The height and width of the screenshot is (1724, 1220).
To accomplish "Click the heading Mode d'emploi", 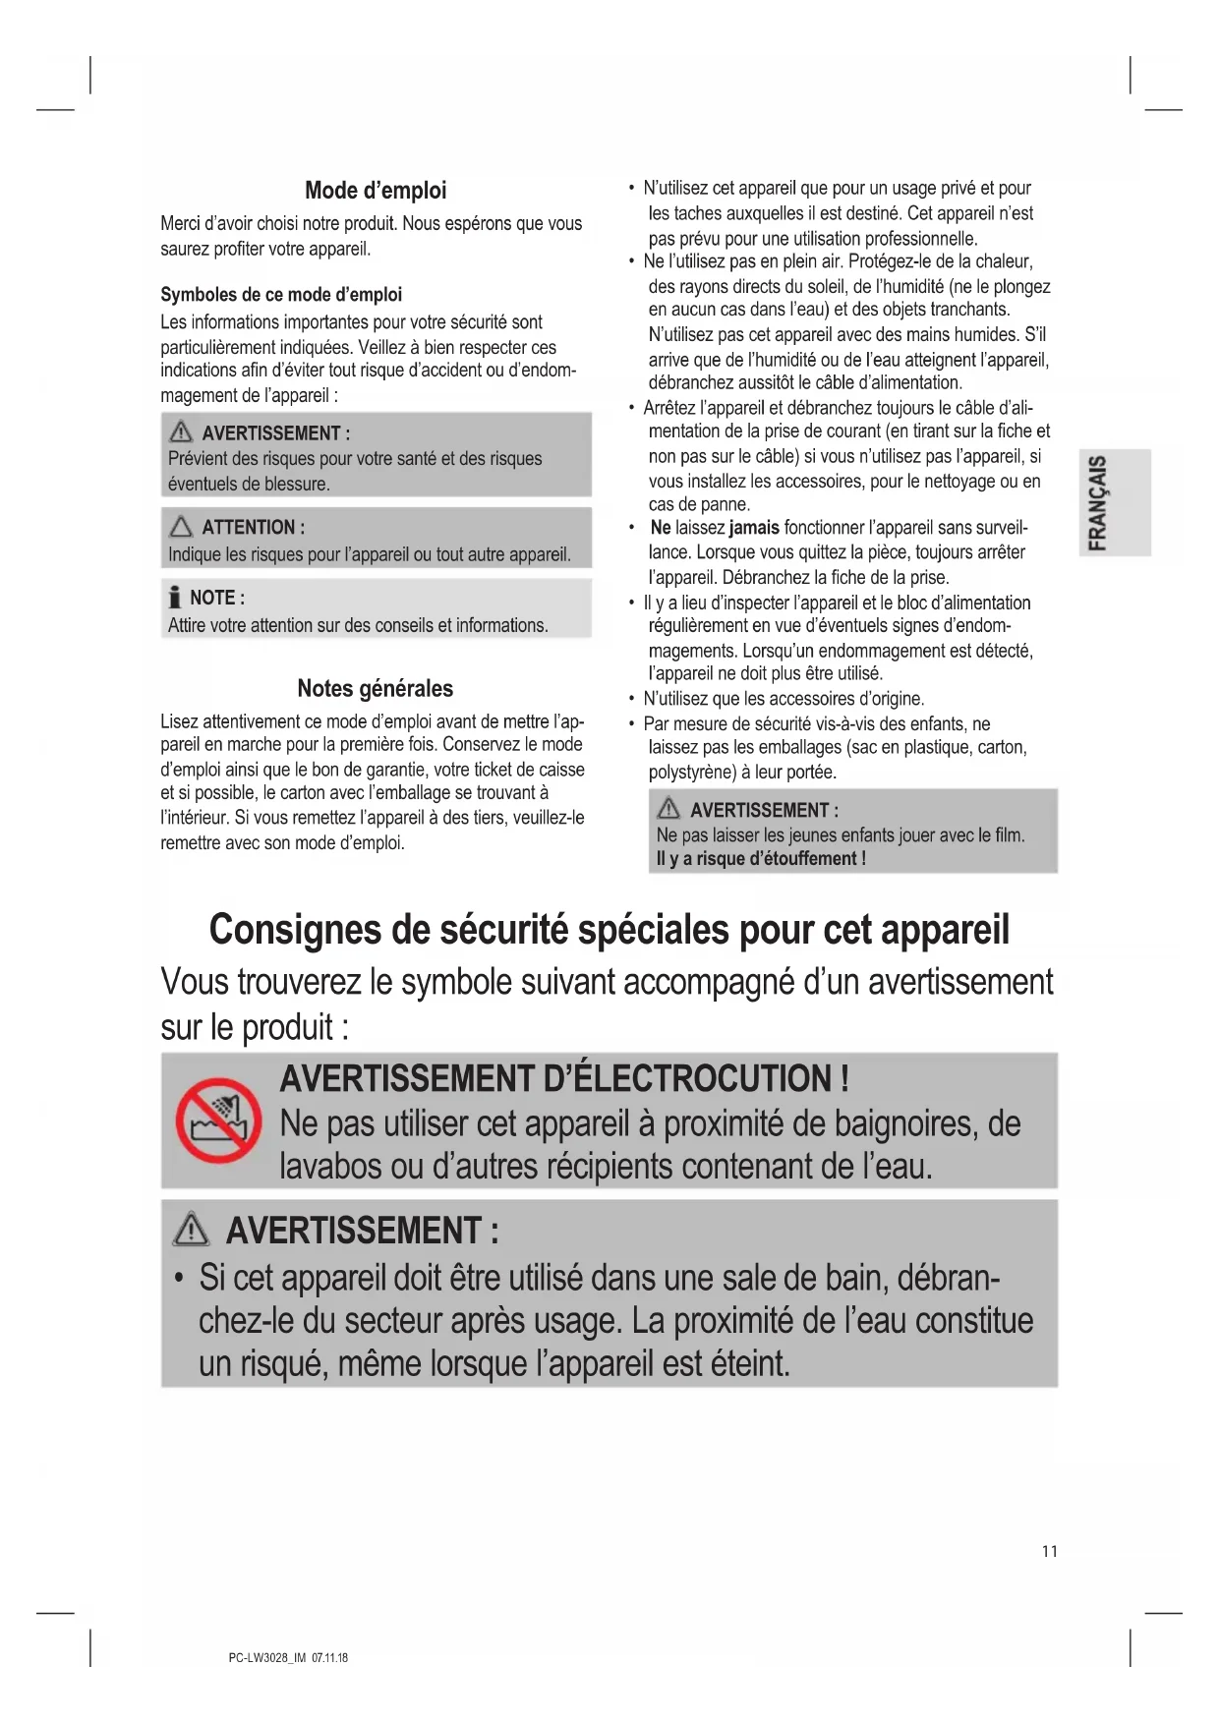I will pyautogui.click(x=376, y=191).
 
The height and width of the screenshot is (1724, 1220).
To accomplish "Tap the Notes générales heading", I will pyautogui.click(x=376, y=688).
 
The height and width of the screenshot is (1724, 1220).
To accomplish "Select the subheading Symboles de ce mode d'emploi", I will pyautogui.click(x=281, y=295).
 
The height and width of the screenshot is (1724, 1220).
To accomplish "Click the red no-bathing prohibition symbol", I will pyautogui.click(x=218, y=1121).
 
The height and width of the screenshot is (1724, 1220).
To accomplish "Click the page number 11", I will pyautogui.click(x=1049, y=1551).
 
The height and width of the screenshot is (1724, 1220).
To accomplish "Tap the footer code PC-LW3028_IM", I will pyautogui.click(x=266, y=1658).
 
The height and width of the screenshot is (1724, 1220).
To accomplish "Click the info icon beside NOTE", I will pyautogui.click(x=175, y=598).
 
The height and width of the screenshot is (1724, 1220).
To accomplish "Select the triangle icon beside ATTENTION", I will pyautogui.click(x=181, y=527).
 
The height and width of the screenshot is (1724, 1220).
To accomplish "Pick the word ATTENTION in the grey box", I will pyautogui.click(x=248, y=528).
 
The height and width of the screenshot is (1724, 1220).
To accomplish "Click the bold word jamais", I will pyautogui.click(x=754, y=528).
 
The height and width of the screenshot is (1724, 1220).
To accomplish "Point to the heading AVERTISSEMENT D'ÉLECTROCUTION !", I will pyautogui.click(x=564, y=1078).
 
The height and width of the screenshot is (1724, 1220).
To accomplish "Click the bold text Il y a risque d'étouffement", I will pyautogui.click(x=760, y=859).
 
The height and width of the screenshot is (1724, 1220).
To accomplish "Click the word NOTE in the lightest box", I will pyautogui.click(x=211, y=598).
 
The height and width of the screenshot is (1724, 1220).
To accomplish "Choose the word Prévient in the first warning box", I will pyautogui.click(x=201, y=459).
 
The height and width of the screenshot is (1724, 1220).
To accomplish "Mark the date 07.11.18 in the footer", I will pyautogui.click(x=329, y=1658).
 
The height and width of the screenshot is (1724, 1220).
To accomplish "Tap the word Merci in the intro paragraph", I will pyautogui.click(x=181, y=224).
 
